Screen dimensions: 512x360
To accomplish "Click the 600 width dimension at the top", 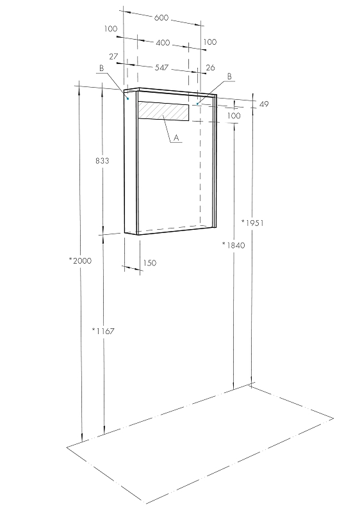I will click(161, 18).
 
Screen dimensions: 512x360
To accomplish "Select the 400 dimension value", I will click(163, 42).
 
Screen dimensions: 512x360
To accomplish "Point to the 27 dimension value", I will click(113, 57).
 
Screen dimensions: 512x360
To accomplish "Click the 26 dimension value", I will click(211, 67).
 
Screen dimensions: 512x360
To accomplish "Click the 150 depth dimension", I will click(149, 263).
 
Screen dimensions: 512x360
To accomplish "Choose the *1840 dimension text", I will click(233, 245).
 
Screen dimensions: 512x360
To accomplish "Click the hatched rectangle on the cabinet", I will click(164, 111).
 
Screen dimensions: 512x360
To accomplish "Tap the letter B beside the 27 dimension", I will click(101, 68).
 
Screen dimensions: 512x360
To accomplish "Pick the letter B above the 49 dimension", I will click(229, 76).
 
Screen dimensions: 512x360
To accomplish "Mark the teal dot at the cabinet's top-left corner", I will click(128, 99).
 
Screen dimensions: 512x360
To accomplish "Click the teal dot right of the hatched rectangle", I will click(197, 103).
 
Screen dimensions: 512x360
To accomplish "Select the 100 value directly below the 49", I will click(234, 116).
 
